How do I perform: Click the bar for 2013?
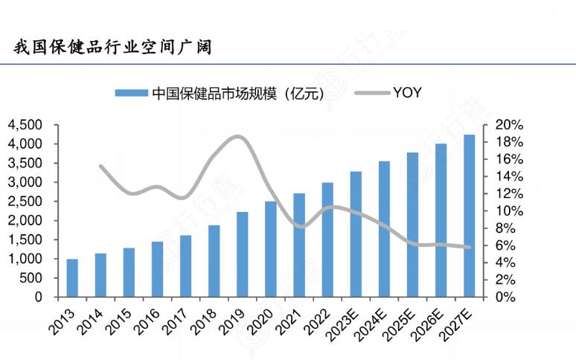(x=72, y=277)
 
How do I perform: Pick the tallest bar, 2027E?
(x=470, y=216)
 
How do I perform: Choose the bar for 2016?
(x=157, y=269)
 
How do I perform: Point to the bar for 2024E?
(x=384, y=229)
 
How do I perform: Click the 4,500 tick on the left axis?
(x=27, y=125)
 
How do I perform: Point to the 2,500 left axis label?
(x=27, y=202)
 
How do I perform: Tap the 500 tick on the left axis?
(x=33, y=278)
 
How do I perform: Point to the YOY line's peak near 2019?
(x=237, y=136)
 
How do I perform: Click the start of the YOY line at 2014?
(x=100, y=166)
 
